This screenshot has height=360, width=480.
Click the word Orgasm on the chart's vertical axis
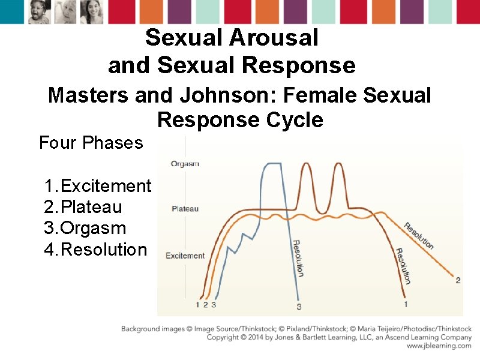(x=185, y=164)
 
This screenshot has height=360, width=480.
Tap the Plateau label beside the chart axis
(x=185, y=209)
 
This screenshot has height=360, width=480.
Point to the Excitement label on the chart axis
(x=185, y=256)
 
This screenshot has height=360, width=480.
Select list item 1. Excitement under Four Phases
(x=98, y=186)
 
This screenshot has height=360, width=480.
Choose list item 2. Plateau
(x=83, y=208)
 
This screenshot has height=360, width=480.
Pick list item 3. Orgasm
(x=85, y=229)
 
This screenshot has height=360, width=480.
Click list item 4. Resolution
(x=95, y=250)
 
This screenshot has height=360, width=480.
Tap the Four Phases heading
(x=91, y=143)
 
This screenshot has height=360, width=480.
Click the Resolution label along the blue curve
(x=298, y=259)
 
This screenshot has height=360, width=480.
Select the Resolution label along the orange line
(x=418, y=236)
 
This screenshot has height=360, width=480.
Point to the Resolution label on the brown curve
(x=403, y=266)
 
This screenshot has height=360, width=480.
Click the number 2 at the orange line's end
(x=458, y=280)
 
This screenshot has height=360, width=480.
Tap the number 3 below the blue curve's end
(x=299, y=307)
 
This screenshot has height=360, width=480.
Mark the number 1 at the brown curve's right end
(x=406, y=304)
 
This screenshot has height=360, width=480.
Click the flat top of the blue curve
(x=273, y=164)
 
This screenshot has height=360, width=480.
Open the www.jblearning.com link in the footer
(x=439, y=346)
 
